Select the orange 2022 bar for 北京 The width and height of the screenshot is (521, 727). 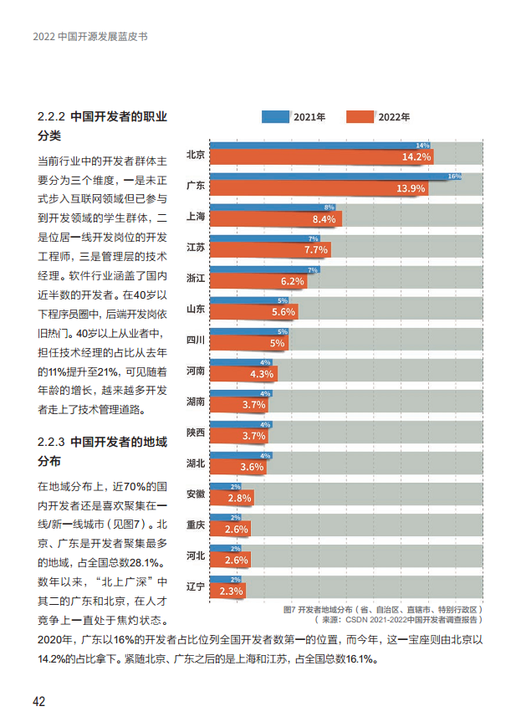click(x=321, y=157)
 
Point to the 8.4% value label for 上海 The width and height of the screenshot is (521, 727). click(x=323, y=219)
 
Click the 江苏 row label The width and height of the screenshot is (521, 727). click(x=195, y=248)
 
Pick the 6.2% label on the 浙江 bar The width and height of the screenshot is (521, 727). click(x=292, y=281)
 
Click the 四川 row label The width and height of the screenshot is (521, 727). click(x=195, y=340)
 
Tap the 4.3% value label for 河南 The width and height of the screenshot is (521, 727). click(x=262, y=374)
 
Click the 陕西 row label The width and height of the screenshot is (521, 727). click(x=195, y=433)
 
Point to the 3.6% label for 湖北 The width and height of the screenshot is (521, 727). click(x=252, y=467)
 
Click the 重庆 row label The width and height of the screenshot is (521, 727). click(x=195, y=525)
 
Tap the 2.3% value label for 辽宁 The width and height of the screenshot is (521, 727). click(x=231, y=591)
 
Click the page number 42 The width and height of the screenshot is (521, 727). click(x=38, y=700)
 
